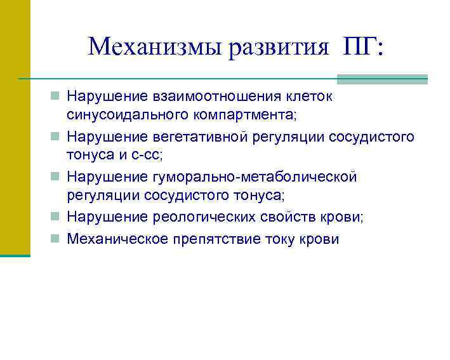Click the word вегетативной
[202, 137]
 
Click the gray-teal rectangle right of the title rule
[382, 79]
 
